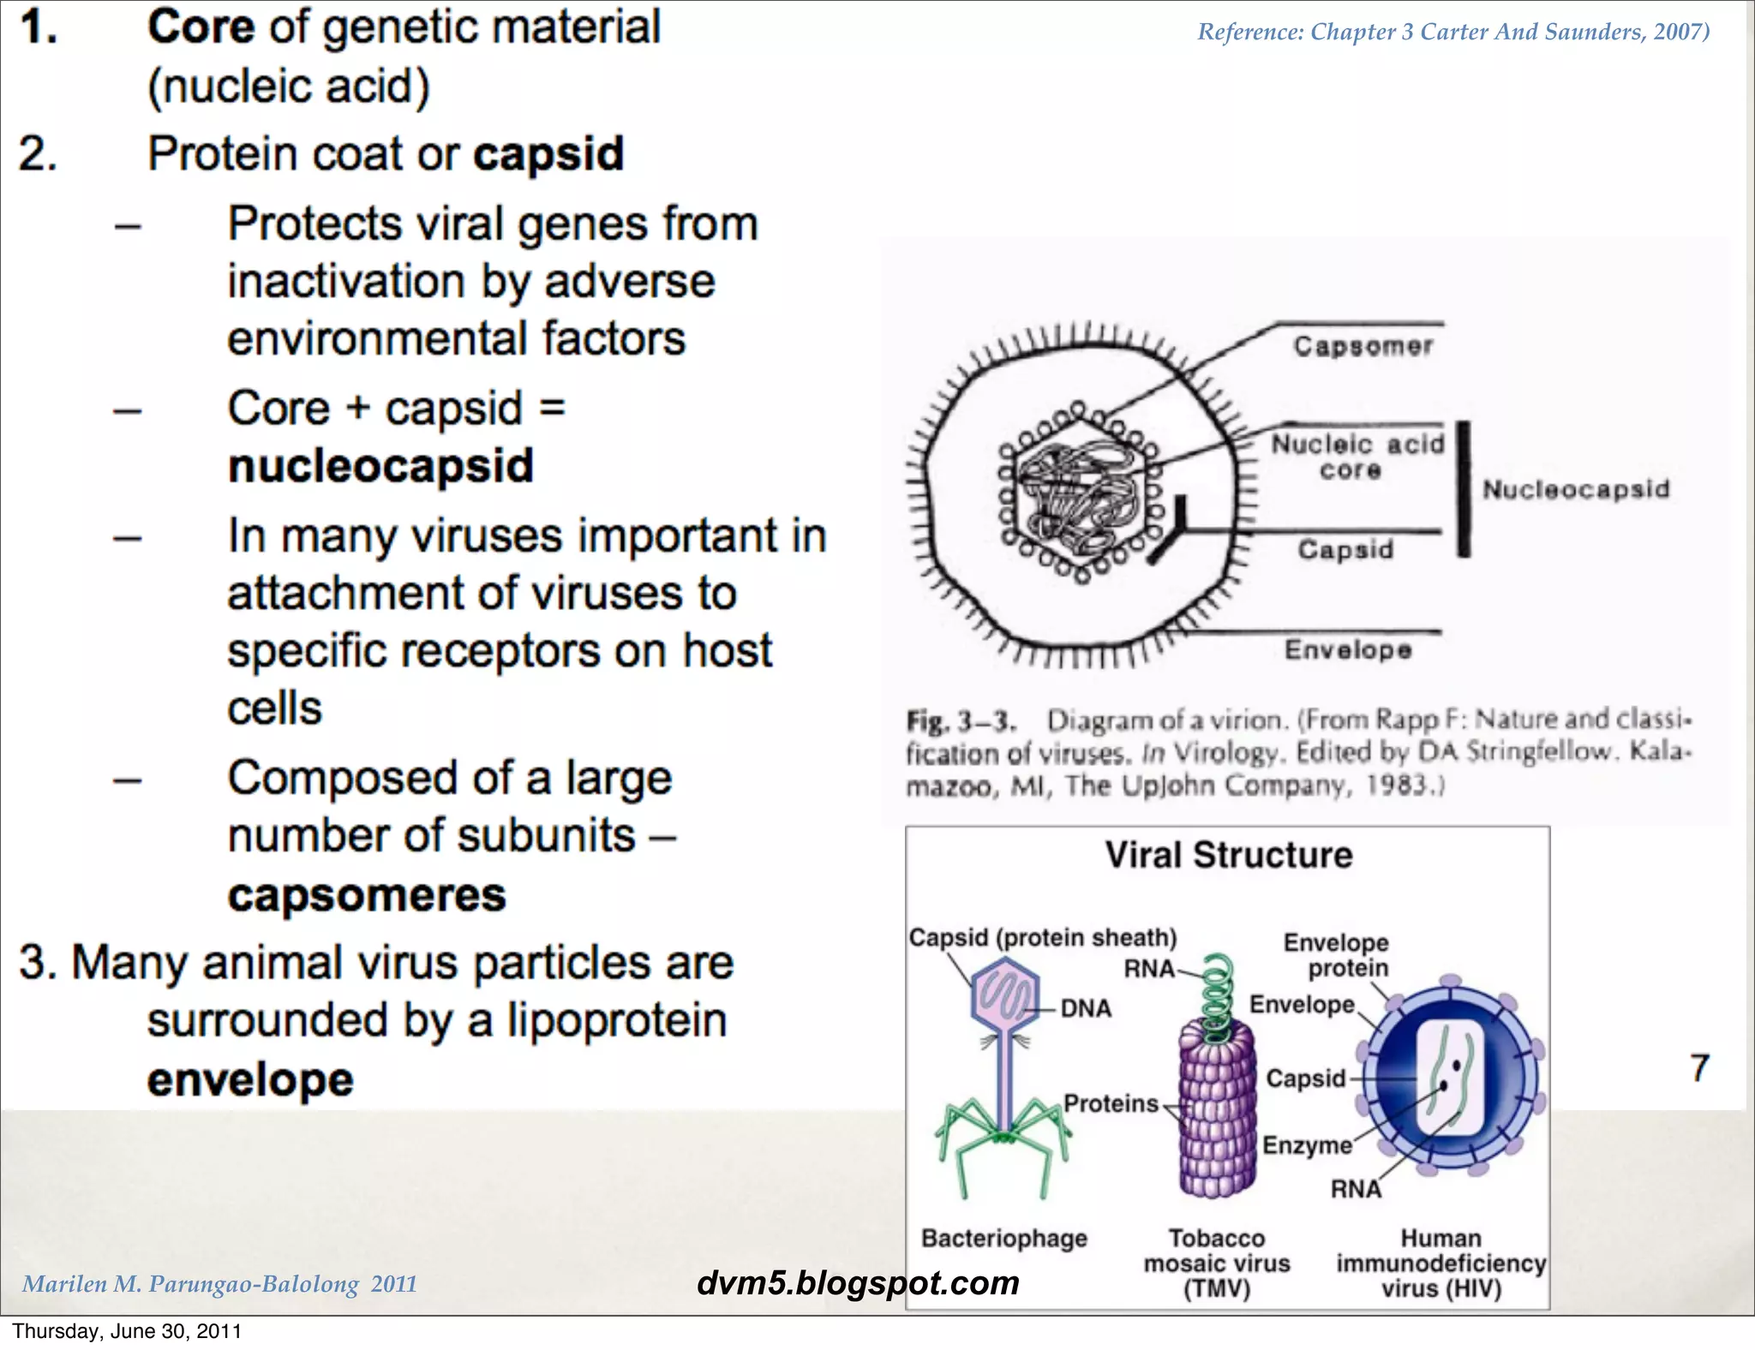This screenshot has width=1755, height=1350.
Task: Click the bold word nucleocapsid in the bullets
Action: (380, 467)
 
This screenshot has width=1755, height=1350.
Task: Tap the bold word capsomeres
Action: (367, 895)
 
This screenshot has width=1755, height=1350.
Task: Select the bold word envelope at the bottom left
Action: (250, 1079)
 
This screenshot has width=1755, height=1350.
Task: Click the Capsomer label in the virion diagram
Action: (1363, 346)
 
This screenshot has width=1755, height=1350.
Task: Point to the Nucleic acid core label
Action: (1356, 457)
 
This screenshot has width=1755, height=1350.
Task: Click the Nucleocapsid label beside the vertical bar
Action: (1576, 489)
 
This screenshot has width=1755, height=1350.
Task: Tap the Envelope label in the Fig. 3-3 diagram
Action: (1347, 650)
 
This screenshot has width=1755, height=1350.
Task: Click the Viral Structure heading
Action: (1228, 855)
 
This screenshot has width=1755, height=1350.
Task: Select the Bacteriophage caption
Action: (1003, 1238)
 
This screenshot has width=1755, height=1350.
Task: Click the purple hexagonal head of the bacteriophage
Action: (1004, 998)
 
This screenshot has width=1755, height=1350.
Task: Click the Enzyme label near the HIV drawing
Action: (1306, 1145)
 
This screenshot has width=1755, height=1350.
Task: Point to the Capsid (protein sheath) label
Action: (1042, 937)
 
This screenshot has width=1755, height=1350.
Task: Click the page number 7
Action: (1699, 1068)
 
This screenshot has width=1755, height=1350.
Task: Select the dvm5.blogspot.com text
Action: (858, 1282)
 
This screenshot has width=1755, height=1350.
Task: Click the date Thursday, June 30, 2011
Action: (127, 1331)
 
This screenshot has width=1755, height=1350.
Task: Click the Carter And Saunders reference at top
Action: (1453, 32)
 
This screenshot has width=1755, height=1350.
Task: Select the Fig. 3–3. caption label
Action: (960, 721)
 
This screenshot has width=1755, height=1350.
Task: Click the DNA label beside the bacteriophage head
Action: (1085, 1008)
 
